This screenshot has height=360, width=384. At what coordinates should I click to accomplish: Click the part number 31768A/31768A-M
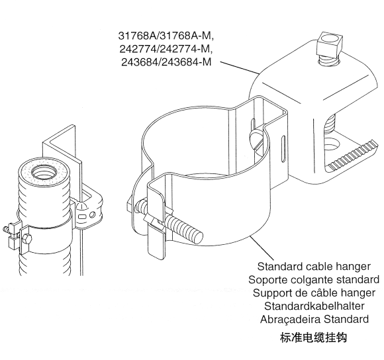166,36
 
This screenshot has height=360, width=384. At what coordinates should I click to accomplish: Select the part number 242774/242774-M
166,49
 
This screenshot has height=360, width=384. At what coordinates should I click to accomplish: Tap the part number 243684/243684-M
166,62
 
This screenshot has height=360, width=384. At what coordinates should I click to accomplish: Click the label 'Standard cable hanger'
314,266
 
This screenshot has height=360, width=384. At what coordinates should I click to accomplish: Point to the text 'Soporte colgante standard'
314,279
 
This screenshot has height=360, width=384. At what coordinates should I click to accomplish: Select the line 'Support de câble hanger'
314,292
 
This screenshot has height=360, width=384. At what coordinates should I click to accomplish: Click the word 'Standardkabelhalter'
314,306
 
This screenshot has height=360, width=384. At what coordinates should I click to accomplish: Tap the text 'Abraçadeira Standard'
314,319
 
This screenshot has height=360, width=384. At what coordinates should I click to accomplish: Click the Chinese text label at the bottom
314,337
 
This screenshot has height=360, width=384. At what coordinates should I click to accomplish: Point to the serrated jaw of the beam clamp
353,156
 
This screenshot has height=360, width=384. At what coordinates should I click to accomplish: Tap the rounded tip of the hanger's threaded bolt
198,237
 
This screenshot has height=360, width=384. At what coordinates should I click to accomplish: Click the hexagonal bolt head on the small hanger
26,238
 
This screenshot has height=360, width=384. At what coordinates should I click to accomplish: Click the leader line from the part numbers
240,67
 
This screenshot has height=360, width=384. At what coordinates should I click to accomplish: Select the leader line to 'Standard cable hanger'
262,247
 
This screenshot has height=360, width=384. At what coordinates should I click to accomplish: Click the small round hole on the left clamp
92,215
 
